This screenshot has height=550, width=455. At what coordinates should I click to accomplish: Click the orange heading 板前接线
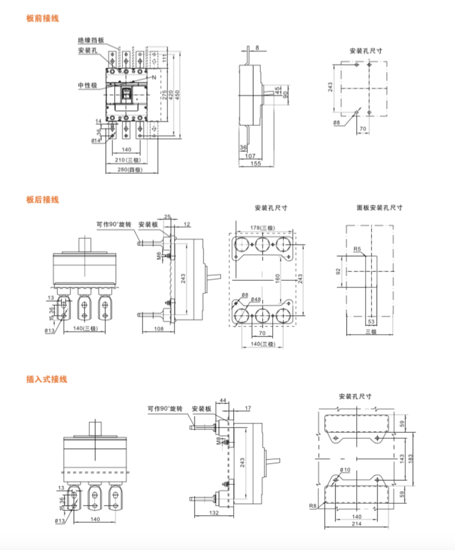point(43,18)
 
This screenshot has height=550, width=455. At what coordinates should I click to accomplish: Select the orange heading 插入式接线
point(47,378)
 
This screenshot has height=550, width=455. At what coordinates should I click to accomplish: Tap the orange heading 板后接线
point(43,199)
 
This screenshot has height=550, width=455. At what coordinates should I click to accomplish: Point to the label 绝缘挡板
point(91,40)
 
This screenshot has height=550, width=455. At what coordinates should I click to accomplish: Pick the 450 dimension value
point(178,95)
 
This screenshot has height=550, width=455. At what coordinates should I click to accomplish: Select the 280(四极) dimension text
point(130,170)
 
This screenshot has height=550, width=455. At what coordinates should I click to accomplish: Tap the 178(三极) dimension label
point(262,227)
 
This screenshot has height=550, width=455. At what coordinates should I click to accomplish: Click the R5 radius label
point(357,250)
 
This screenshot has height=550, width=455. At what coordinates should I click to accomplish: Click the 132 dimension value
point(215,514)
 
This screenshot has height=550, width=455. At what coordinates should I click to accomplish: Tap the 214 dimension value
point(356,525)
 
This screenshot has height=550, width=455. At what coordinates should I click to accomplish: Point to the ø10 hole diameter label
point(345,470)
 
